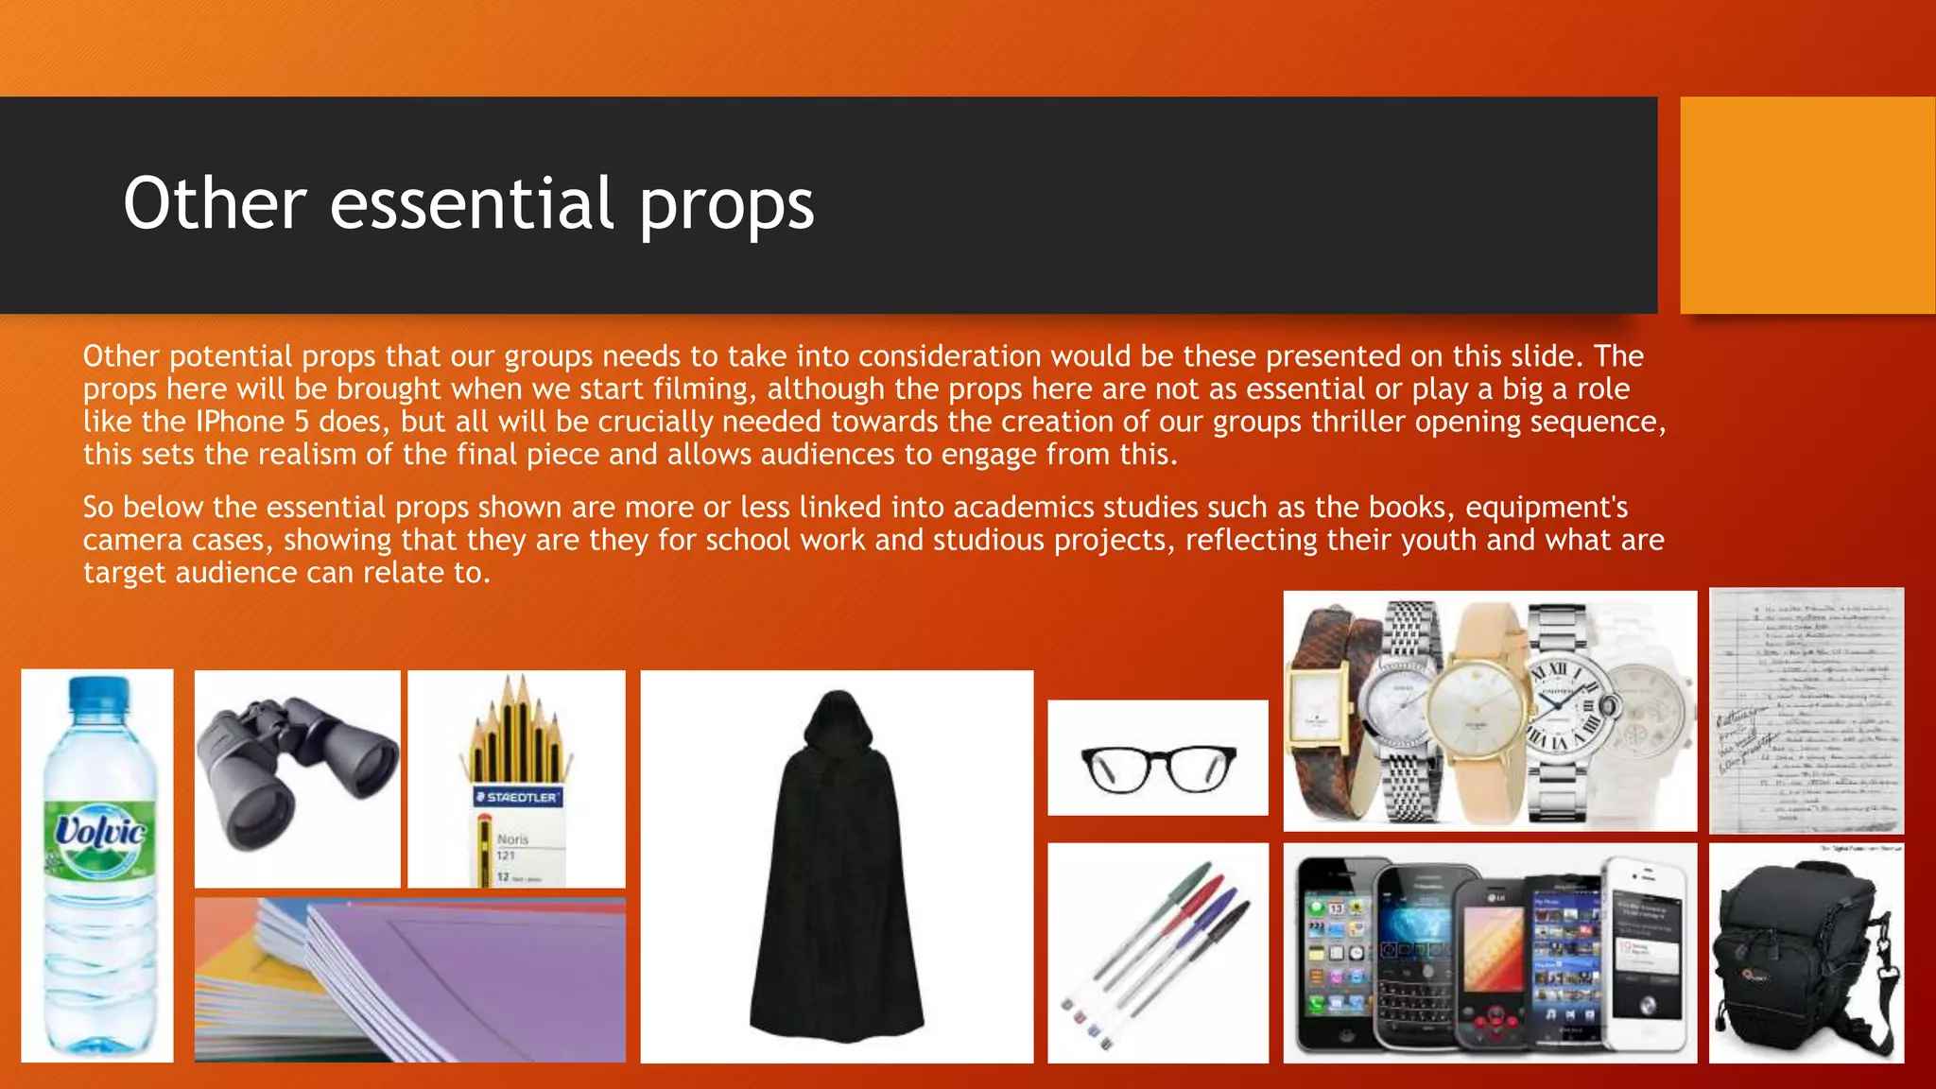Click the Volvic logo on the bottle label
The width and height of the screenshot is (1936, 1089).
tap(99, 832)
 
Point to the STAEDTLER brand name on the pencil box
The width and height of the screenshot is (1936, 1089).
tap(516, 797)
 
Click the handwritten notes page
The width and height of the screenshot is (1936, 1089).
tap(1806, 711)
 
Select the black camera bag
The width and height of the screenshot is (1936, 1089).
tap(1801, 955)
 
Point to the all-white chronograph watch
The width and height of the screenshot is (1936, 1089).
tap(1650, 718)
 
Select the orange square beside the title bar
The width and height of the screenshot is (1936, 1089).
tap(1806, 204)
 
